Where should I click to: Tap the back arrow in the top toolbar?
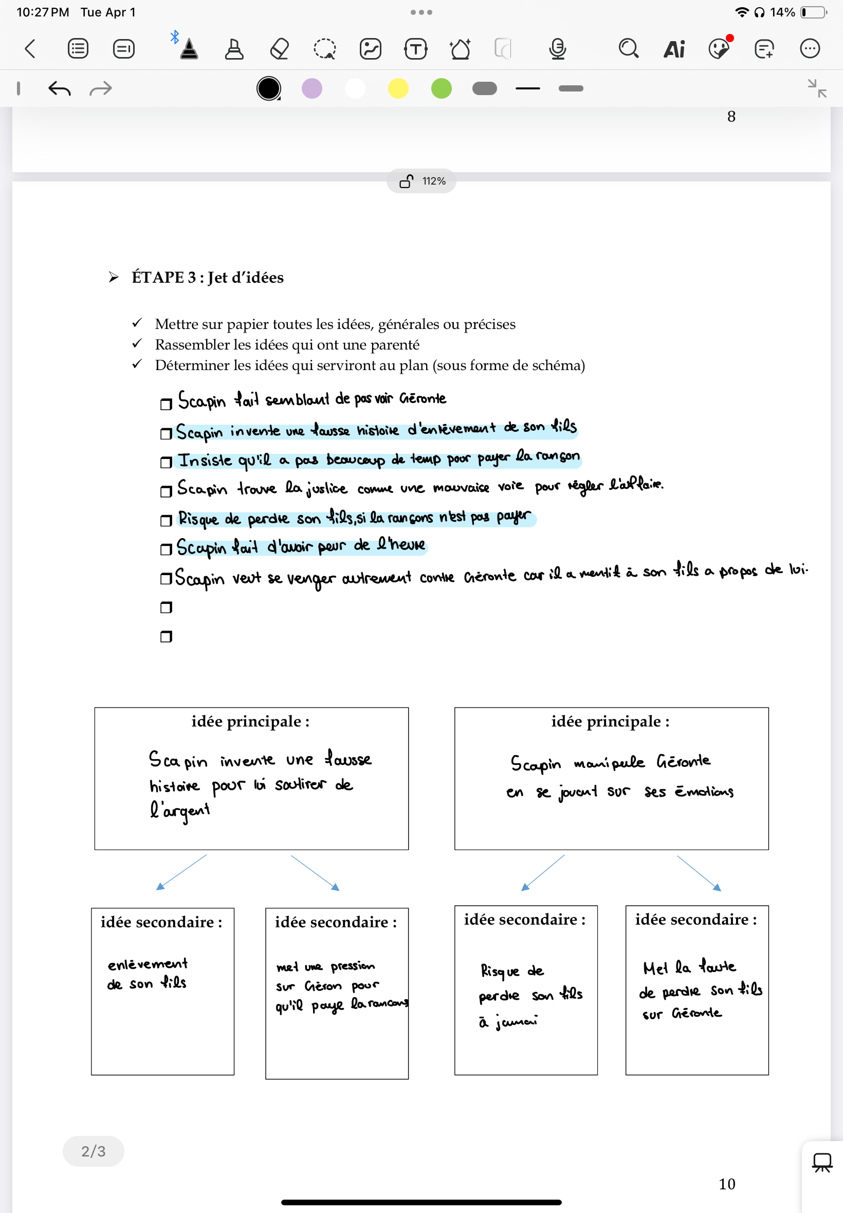(30, 49)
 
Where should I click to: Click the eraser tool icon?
(280, 49)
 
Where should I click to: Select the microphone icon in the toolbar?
(557, 49)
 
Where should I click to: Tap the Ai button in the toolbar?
(674, 49)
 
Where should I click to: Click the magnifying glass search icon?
(628, 49)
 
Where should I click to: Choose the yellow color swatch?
(398, 88)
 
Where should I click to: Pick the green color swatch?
(442, 88)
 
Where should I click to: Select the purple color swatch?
(312, 88)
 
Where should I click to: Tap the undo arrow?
(59, 88)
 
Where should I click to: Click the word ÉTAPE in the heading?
(157, 277)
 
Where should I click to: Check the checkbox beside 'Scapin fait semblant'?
(166, 404)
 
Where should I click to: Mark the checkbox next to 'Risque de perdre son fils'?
(166, 521)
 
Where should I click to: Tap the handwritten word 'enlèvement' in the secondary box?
(148, 964)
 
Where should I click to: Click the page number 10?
(727, 1184)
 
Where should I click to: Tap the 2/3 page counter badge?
(94, 1151)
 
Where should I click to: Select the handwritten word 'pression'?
(352, 966)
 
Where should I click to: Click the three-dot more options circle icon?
(810, 49)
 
